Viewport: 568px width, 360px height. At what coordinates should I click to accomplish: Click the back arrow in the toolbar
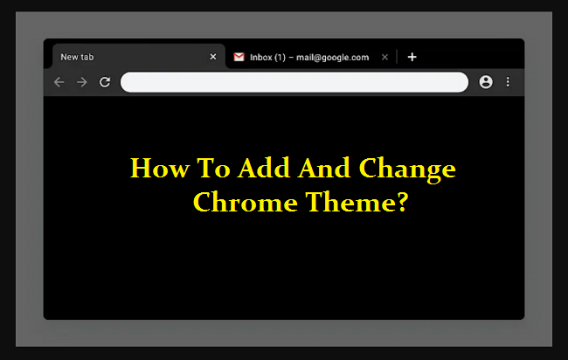click(x=59, y=82)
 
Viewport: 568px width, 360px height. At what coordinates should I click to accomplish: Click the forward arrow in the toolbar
click(x=82, y=82)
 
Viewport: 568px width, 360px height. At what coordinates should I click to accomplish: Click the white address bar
click(x=294, y=82)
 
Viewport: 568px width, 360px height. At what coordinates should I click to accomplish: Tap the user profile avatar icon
click(x=486, y=82)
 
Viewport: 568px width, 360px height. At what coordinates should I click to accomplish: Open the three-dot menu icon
click(x=508, y=82)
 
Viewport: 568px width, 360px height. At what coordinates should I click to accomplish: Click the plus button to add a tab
click(x=412, y=57)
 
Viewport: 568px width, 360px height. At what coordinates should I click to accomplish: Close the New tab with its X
click(x=213, y=57)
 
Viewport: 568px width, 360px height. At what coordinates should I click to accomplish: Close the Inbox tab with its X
click(x=385, y=57)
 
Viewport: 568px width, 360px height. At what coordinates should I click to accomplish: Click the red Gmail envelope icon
click(x=239, y=57)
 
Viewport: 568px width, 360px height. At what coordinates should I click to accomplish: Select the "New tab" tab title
click(x=77, y=57)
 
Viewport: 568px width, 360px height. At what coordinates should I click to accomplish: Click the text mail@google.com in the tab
click(x=336, y=57)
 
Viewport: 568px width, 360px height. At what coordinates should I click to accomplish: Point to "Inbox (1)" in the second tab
click(x=271, y=57)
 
